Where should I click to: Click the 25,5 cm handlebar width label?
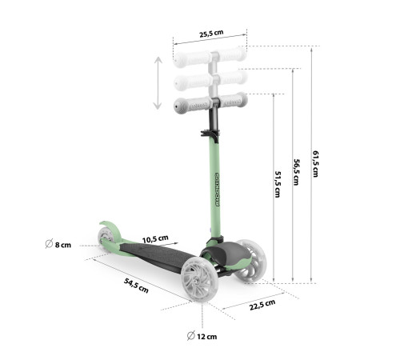pos(211,34)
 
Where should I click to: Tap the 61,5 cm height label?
pos(316,164)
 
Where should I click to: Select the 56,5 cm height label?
pos(296,172)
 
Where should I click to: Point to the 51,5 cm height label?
pos(278,184)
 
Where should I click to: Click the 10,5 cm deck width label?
pos(155,239)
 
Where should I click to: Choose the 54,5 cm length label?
pos(136,286)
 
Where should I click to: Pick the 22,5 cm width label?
pos(262,305)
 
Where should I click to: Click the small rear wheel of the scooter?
pos(106,236)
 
